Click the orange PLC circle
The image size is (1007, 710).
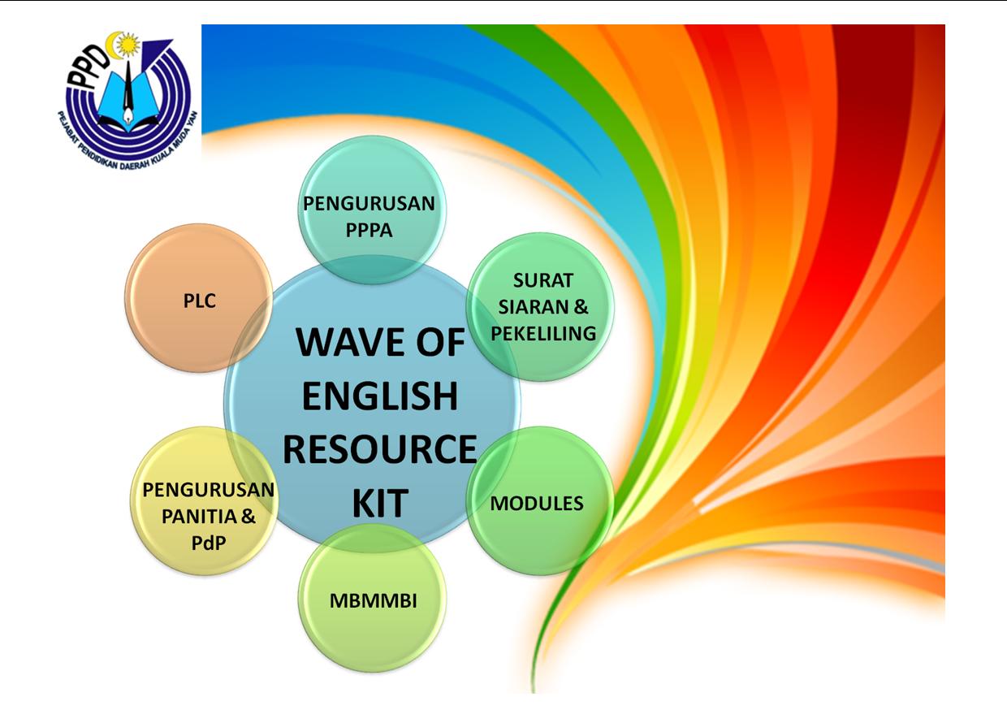tap(199, 298)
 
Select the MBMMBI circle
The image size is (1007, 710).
tap(372, 598)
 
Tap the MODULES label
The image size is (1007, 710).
tap(537, 504)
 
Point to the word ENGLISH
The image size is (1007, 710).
tap(380, 396)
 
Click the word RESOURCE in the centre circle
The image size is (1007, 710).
tap(380, 449)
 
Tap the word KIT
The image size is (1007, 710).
tap(380, 503)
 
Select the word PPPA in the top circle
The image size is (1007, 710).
tap(369, 230)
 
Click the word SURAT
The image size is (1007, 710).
tap(543, 280)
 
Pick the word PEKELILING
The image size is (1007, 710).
tap(543, 334)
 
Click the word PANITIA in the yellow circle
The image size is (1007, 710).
tap(199, 517)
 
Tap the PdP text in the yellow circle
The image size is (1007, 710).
tap(209, 543)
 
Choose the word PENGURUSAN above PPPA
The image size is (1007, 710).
tap(369, 204)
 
